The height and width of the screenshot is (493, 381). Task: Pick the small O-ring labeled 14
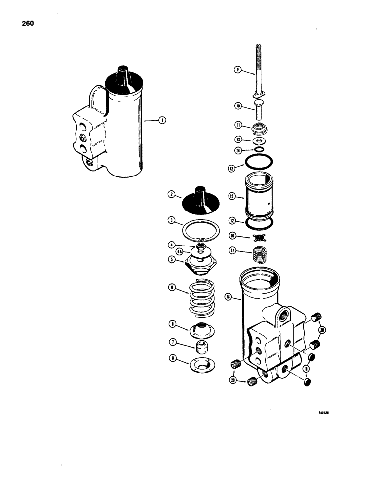258,149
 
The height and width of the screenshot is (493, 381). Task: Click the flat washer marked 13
258,140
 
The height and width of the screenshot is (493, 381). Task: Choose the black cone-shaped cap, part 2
200,200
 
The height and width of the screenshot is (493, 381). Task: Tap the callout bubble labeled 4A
181,251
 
